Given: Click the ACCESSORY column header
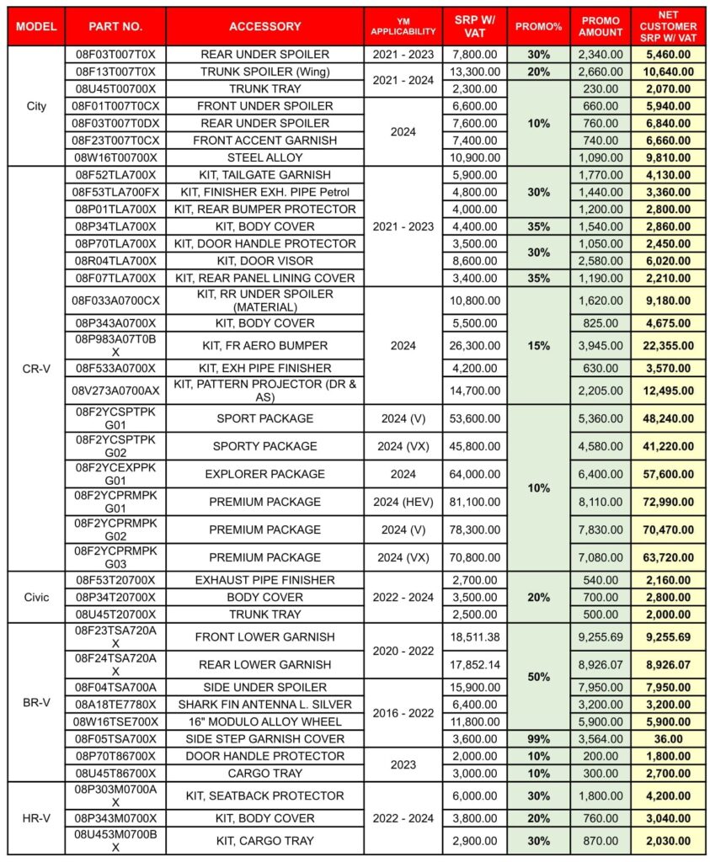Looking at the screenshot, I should [x=264, y=27].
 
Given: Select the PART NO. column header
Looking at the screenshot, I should [x=115, y=27].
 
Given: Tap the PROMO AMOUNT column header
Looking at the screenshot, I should [x=601, y=27].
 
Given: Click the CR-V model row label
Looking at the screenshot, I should [x=36, y=368].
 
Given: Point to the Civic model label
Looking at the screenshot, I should [x=36, y=597].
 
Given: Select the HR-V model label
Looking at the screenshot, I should [x=36, y=818].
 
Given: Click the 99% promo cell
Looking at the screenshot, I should [x=538, y=739].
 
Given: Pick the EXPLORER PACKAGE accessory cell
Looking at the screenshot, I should [x=264, y=474].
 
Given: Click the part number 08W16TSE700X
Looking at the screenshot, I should [x=115, y=721].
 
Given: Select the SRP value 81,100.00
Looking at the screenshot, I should [x=475, y=502].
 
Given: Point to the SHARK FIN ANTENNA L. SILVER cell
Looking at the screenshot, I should [x=264, y=705].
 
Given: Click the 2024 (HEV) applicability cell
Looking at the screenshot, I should [x=403, y=502].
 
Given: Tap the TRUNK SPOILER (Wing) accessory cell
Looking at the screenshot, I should [x=264, y=71].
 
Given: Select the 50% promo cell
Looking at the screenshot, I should [x=538, y=677].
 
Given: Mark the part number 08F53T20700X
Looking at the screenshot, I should [x=115, y=580].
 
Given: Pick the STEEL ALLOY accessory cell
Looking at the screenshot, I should [x=264, y=157].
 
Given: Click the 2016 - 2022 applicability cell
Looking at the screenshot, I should [x=403, y=713].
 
